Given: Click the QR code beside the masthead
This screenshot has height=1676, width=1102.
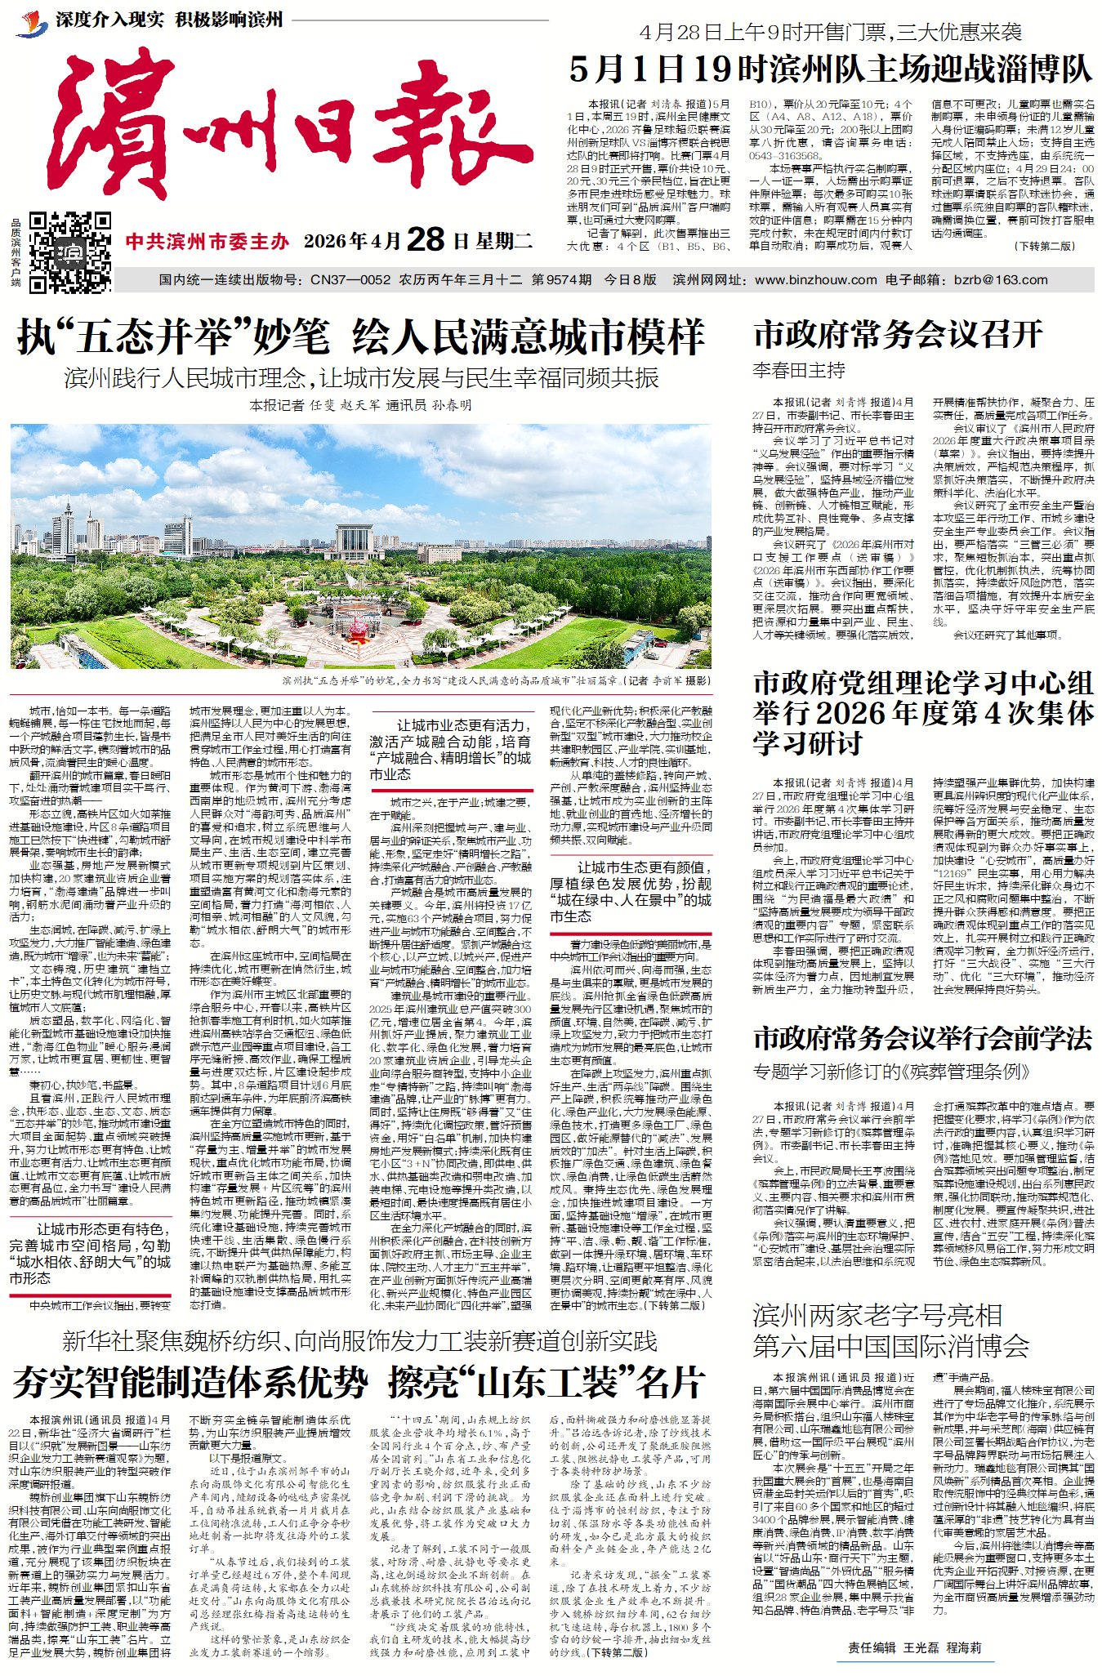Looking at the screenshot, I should pos(70,252).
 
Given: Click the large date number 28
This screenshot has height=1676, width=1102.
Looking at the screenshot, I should pos(425,240).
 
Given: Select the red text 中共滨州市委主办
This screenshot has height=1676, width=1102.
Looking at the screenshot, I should pos(207,241).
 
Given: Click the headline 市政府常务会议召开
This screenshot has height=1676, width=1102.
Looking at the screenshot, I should pos(898,335).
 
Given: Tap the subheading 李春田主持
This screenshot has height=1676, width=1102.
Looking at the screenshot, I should pos(799,370).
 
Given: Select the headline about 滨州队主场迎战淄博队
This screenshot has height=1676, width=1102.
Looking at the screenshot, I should pos(830,69).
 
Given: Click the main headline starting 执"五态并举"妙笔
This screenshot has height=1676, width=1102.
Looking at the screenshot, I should pos(360,337).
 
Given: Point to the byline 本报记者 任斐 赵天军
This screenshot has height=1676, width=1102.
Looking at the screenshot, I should pos(360,405).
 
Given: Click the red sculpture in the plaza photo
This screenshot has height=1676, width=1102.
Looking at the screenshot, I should pos(359,630).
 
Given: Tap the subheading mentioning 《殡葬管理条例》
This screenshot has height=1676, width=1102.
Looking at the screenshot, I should pos(892,1071).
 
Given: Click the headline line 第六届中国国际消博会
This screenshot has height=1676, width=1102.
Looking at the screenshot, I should pos(890,1344).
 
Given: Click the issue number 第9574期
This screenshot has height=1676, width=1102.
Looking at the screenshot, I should pos(561,279).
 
